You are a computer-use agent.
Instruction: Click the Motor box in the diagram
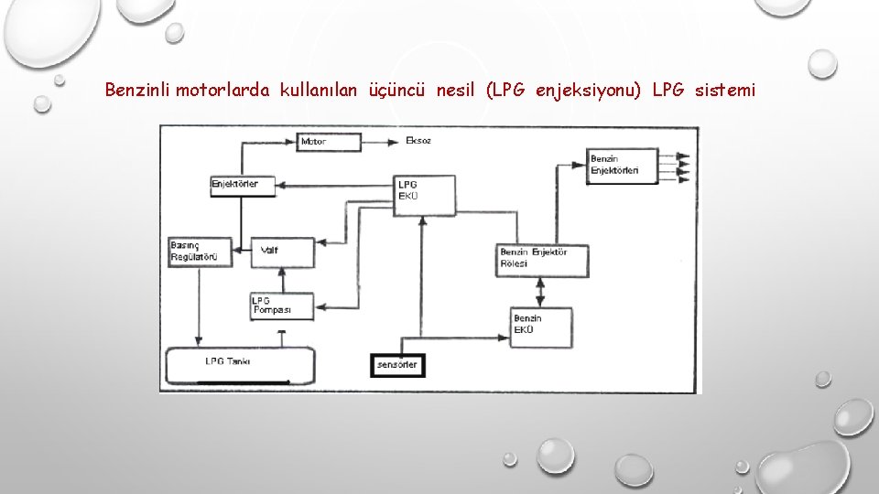coord(329,142)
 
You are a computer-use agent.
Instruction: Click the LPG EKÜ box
coord(424,195)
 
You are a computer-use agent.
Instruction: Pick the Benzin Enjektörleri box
coord(624,166)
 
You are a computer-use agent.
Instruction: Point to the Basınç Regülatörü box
coord(200,252)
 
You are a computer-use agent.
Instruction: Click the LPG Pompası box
coord(282,306)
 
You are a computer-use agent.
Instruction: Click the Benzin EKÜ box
coord(541,326)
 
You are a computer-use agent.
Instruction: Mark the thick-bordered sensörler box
coord(396,364)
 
